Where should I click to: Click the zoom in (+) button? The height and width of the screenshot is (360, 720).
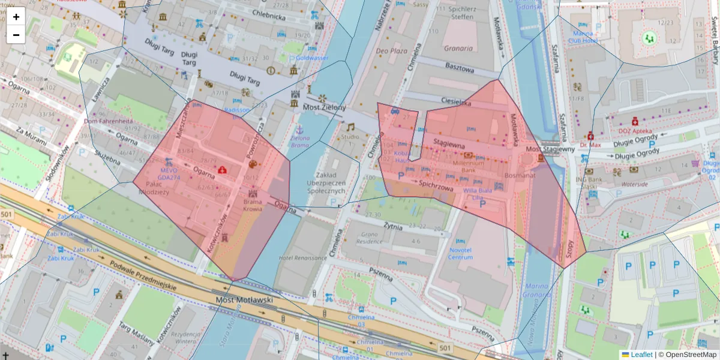point(16,17)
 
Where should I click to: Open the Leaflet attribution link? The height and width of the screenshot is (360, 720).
point(641,355)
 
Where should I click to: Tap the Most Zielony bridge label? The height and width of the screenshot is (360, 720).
point(325,107)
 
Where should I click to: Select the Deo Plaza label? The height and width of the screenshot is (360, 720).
point(391,52)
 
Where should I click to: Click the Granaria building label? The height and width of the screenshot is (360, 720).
point(458,47)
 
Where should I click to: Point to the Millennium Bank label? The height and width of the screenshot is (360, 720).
point(469,166)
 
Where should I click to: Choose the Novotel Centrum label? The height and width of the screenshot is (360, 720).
point(460,253)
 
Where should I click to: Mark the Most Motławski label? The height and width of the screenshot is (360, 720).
point(244,299)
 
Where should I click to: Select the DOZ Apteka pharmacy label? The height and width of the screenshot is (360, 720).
point(635,131)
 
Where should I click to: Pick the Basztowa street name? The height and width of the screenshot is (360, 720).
point(458,68)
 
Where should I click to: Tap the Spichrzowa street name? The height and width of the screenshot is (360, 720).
point(436,186)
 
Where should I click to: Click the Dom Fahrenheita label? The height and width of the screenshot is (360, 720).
point(108,121)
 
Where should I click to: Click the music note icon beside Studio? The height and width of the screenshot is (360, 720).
point(350,127)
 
